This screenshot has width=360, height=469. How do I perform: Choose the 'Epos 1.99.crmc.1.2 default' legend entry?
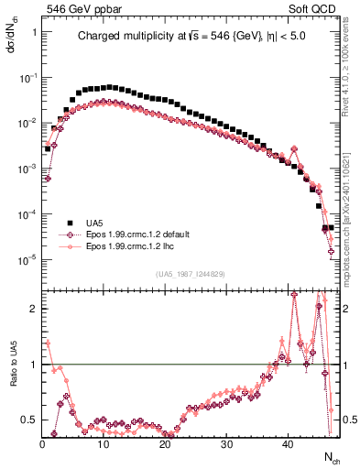coord(136,234)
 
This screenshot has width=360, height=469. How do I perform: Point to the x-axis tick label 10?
coord(103,444)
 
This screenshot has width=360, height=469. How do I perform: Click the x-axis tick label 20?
coord(164,444)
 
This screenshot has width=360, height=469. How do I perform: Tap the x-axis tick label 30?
coord(225,444)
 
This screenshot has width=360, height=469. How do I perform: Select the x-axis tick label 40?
coord(287,444)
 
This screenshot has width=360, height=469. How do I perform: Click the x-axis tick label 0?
coord(42,444)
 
